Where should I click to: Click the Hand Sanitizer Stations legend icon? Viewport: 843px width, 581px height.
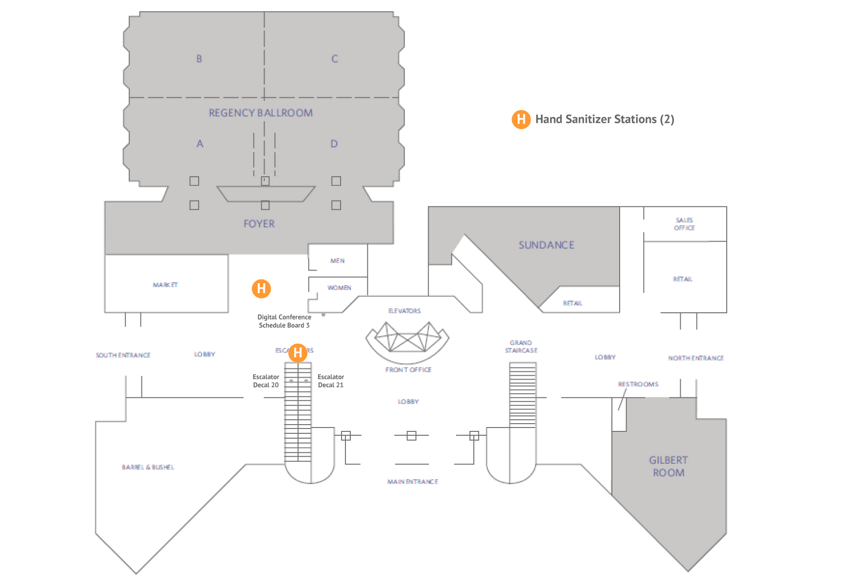click(521, 119)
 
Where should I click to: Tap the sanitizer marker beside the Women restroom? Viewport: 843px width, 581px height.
click(261, 289)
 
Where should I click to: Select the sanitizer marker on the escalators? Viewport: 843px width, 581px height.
click(298, 353)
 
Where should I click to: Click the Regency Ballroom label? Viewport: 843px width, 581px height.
click(261, 113)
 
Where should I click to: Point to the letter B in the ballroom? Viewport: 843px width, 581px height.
click(199, 59)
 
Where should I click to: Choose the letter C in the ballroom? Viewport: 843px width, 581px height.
click(335, 59)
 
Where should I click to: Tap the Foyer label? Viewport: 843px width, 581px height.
click(259, 224)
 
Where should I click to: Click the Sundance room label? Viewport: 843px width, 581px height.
click(546, 245)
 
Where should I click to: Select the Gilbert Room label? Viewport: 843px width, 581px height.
click(669, 466)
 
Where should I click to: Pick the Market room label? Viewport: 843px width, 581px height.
click(165, 285)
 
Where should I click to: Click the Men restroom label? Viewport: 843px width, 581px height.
click(338, 260)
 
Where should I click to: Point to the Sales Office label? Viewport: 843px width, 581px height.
click(684, 224)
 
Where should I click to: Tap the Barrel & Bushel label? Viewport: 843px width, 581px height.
click(148, 467)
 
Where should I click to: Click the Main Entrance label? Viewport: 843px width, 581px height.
click(413, 482)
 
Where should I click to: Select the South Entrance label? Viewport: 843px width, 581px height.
click(123, 355)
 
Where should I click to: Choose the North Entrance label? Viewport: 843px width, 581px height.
click(696, 358)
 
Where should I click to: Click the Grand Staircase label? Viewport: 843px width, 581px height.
click(521, 347)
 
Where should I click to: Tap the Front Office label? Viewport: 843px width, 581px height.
click(408, 370)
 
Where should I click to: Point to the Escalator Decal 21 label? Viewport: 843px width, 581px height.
click(331, 381)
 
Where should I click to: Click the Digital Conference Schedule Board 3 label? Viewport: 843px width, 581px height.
click(284, 321)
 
